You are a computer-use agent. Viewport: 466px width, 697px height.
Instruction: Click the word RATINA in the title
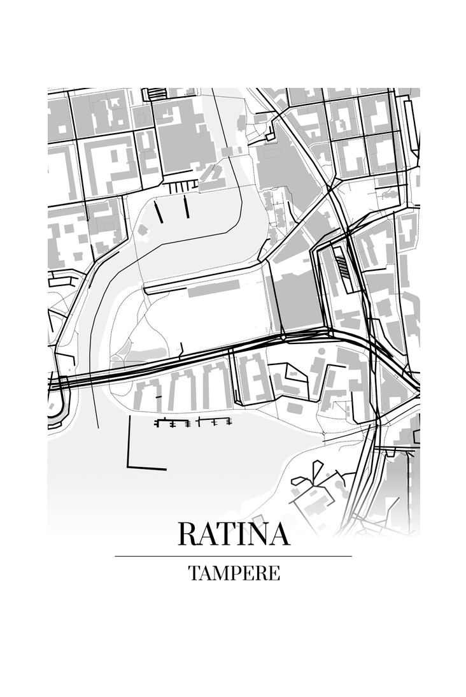tap(234, 534)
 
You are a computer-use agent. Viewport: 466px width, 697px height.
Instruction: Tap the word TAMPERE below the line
tap(234, 573)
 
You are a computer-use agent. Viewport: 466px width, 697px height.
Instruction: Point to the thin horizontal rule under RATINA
tap(234, 556)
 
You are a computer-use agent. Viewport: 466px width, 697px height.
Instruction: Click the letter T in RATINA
tap(223, 534)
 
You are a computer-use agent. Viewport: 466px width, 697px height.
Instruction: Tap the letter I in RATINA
tap(239, 534)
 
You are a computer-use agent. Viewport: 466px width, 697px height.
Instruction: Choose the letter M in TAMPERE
tap(216, 573)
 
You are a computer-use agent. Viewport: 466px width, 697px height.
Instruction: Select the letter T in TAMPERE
tap(193, 573)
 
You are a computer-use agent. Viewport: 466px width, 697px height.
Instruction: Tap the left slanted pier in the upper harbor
tap(159, 210)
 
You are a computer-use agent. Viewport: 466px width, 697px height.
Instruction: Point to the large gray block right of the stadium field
tap(296, 299)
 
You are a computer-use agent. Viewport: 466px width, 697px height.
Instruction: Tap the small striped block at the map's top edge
tap(155, 94)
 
